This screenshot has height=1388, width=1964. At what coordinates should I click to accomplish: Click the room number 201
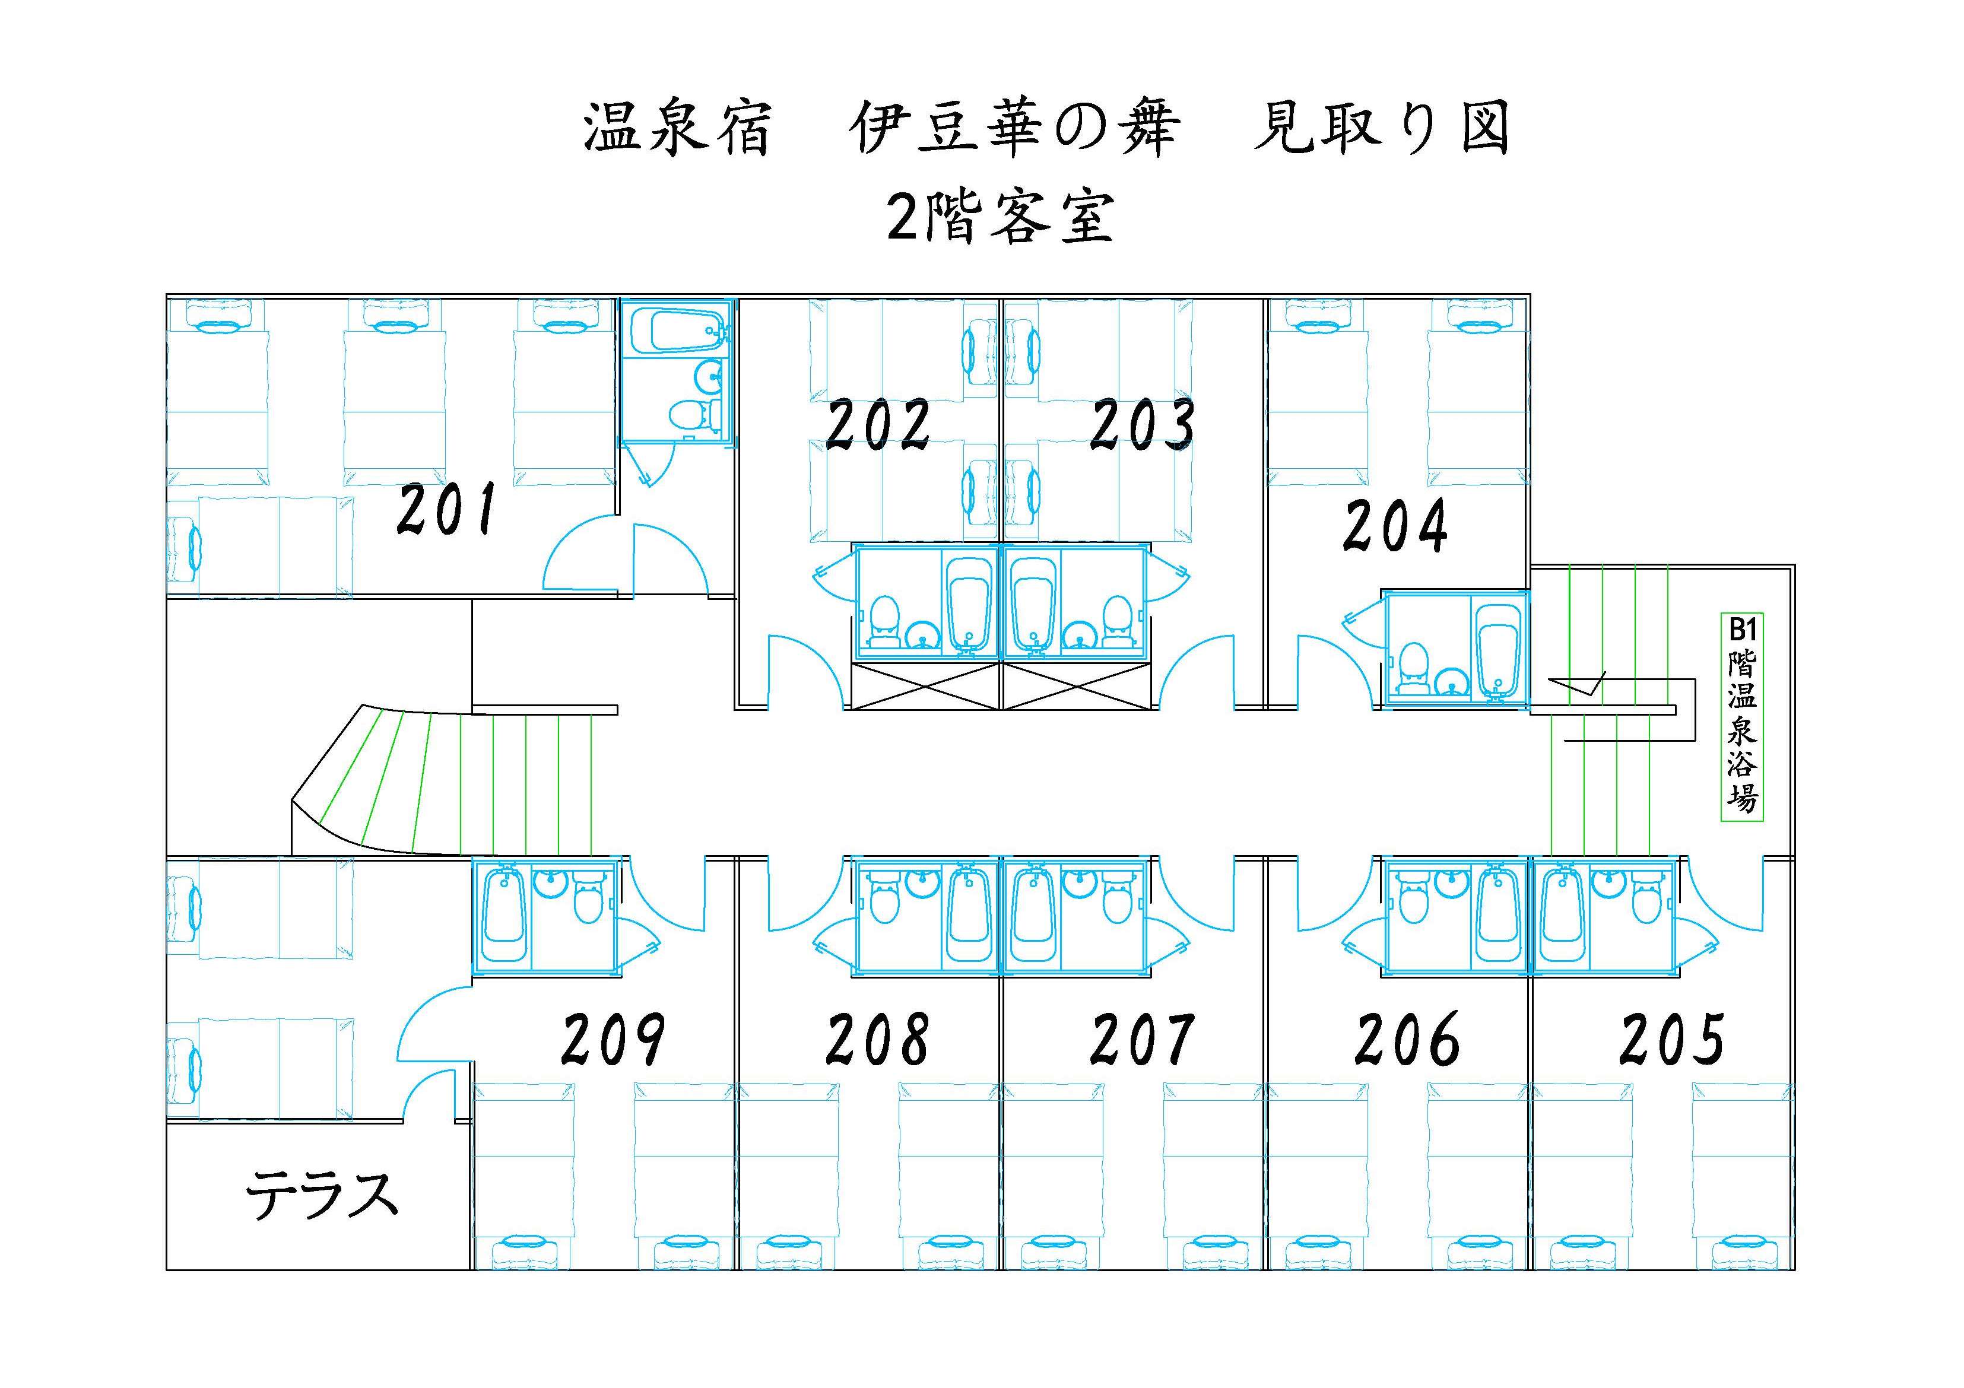coord(446,510)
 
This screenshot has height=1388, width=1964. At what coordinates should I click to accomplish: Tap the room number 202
coord(878,425)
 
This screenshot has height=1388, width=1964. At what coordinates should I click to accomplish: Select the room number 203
coord(1142,425)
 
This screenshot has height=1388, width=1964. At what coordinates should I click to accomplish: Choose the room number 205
coord(1671,1039)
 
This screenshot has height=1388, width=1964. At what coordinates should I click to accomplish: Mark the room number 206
coord(1407,1039)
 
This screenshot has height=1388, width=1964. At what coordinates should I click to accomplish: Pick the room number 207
coord(1142,1039)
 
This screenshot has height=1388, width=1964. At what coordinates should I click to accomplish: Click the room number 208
coord(878,1039)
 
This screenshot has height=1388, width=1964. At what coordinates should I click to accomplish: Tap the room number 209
coord(613,1039)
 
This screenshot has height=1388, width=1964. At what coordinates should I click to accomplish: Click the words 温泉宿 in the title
coord(676,131)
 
